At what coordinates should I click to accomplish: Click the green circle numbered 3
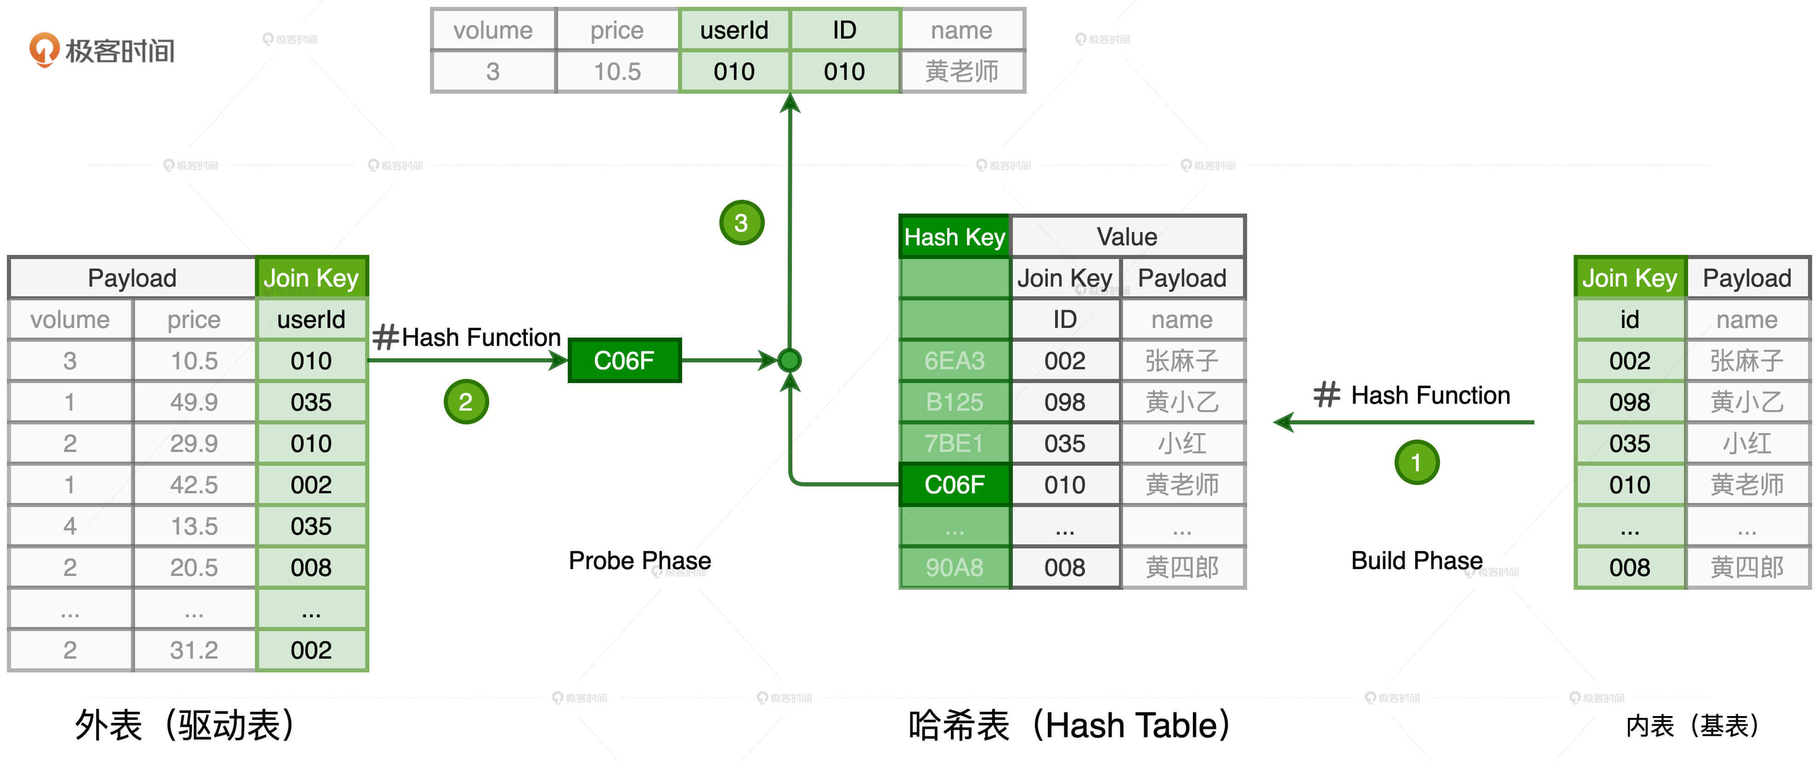coord(741,223)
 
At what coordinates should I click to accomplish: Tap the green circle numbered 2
coord(465,402)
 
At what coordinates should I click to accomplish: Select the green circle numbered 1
coord(1416,463)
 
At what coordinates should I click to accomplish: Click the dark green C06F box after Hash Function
coord(624,361)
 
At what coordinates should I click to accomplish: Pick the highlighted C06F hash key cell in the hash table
coord(954,485)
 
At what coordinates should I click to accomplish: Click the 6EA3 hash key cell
coord(954,361)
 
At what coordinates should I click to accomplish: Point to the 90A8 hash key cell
coord(954,567)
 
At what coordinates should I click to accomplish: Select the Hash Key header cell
coord(954,237)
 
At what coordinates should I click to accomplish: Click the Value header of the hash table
coord(1127,237)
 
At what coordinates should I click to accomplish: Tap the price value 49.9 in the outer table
coord(194,402)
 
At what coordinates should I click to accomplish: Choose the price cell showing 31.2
coord(194,650)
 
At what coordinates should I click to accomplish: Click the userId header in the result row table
coord(734,30)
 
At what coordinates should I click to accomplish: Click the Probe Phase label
coord(640,560)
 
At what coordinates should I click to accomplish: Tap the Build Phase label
coord(1416,560)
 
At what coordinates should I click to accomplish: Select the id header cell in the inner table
coord(1629,319)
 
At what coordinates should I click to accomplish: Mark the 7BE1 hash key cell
coord(954,444)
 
